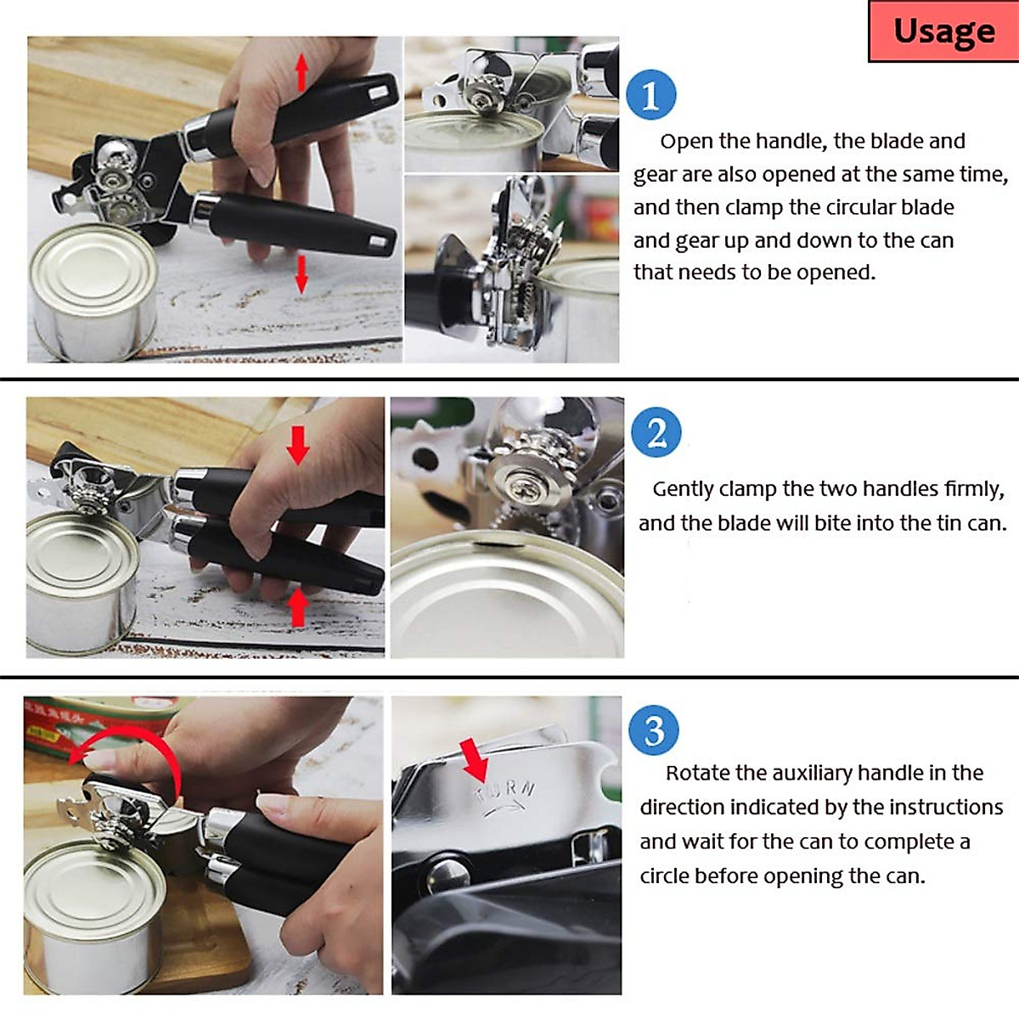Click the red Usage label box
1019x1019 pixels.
[943, 31]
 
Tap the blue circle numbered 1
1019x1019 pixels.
[651, 94]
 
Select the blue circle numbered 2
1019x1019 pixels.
[656, 432]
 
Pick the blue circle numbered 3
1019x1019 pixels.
[654, 730]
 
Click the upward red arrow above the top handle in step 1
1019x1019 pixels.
[301, 72]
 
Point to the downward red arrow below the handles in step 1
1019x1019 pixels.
[301, 274]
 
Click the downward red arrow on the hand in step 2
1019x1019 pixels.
[298, 445]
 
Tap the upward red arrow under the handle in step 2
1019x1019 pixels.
[298, 608]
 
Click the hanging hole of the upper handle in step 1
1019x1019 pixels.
[378, 93]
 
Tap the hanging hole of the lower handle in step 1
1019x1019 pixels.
[379, 243]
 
